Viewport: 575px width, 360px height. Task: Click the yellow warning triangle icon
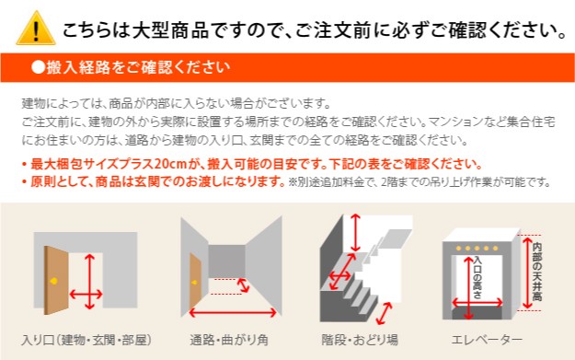(36, 29)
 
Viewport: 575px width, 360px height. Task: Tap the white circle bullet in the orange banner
(38, 67)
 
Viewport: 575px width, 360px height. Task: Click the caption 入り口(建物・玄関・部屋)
(86, 340)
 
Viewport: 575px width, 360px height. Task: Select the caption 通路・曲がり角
(229, 340)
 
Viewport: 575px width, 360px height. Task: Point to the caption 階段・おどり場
(360, 340)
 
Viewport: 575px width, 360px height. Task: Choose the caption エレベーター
(487, 340)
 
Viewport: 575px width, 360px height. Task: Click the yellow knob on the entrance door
(54, 282)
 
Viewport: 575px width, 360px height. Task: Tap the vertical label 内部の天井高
(537, 272)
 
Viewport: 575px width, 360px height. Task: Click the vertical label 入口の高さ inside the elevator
(477, 277)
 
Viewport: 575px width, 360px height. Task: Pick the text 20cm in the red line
(171, 164)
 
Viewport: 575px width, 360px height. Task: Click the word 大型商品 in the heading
(170, 29)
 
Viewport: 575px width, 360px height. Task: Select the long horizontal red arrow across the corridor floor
(233, 313)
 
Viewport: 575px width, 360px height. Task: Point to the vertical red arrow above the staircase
(355, 233)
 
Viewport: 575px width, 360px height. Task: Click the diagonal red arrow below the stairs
(385, 313)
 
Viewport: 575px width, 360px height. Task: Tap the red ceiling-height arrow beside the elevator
(527, 273)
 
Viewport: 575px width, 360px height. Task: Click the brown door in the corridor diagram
(195, 281)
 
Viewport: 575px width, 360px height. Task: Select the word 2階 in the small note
(390, 181)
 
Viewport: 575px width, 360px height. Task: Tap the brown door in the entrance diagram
(56, 280)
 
